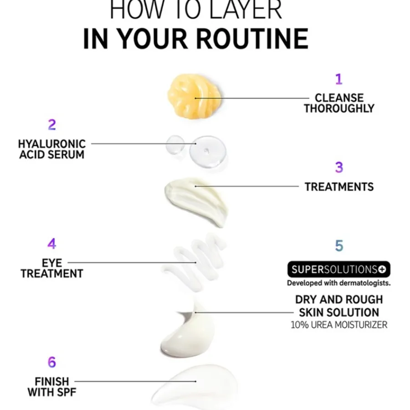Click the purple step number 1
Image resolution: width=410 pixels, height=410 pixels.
point(339,79)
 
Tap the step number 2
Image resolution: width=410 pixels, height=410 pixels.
point(52,125)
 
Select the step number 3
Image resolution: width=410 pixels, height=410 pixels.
point(339,167)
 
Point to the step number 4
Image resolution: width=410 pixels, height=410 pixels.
point(52,244)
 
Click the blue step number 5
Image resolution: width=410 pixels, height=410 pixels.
point(339,246)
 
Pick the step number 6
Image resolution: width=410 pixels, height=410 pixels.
point(52,362)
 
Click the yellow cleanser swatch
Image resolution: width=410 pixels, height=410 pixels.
point(194,96)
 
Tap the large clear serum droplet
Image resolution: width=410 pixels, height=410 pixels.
point(208,152)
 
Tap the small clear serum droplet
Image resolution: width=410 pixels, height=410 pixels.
point(175,144)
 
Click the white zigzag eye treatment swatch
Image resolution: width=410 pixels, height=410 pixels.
point(194,261)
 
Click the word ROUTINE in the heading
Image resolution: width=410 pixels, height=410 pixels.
point(252,39)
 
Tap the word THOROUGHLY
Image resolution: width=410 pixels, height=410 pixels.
point(339,108)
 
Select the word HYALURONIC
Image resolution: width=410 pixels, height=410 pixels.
point(52,144)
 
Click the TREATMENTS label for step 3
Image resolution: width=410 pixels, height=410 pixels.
point(339,187)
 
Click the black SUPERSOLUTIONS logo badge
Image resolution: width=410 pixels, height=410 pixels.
point(339,269)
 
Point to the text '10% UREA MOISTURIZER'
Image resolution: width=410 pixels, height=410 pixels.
point(339,325)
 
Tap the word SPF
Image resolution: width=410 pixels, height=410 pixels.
point(65,392)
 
